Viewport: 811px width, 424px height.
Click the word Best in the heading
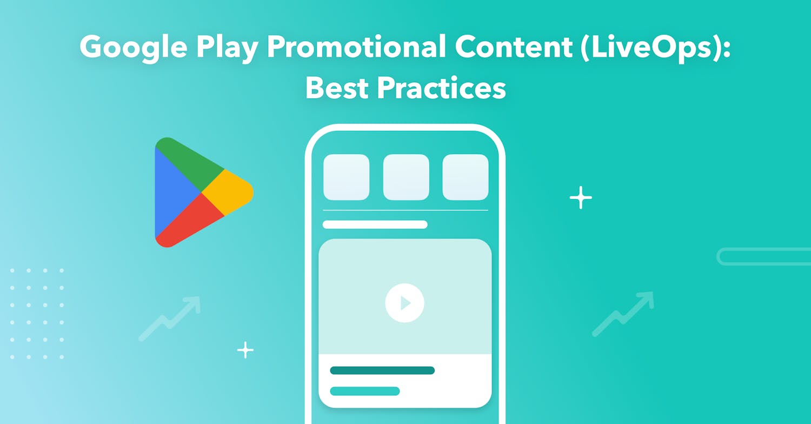click(x=337, y=89)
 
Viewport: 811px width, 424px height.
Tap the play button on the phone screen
click(x=404, y=303)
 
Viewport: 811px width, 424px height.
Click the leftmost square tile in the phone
click(x=346, y=177)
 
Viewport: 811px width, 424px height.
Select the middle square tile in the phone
click(x=406, y=177)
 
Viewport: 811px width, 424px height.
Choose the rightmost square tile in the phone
click(x=466, y=177)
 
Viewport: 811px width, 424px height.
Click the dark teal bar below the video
click(x=382, y=370)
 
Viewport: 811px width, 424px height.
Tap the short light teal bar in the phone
click(x=365, y=391)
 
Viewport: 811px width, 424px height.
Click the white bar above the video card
click(x=375, y=224)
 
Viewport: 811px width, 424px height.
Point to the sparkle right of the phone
click(x=581, y=198)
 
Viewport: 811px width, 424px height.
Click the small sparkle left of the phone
click(x=245, y=350)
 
